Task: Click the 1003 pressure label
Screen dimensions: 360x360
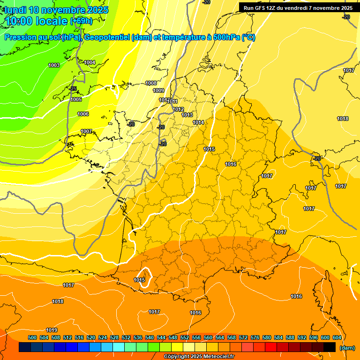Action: pyautogui.click(x=54, y=65)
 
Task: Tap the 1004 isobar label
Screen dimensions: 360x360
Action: pyautogui.click(x=90, y=62)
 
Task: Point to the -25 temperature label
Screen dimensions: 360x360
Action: pyautogui.click(x=73, y=89)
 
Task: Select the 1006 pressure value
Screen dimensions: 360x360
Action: pyautogui.click(x=83, y=114)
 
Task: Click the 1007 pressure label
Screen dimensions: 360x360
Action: pyautogui.click(x=86, y=131)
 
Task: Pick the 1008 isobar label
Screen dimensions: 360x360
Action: pyautogui.click(x=151, y=83)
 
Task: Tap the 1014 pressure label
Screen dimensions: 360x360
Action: pyautogui.click(x=198, y=122)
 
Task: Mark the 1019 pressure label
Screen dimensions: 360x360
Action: pyautogui.click(x=52, y=330)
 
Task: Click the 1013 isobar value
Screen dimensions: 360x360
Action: pyautogui.click(x=187, y=115)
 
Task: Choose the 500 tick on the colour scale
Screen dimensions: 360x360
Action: pyautogui.click(x=32, y=337)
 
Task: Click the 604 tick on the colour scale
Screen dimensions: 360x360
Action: pyautogui.click(x=337, y=337)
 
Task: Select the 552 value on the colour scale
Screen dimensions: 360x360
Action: pyautogui.click(x=185, y=337)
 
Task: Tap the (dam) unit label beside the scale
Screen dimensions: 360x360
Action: pyautogui.click(x=347, y=348)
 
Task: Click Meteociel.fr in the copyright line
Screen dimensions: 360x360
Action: pyautogui.click(x=216, y=357)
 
